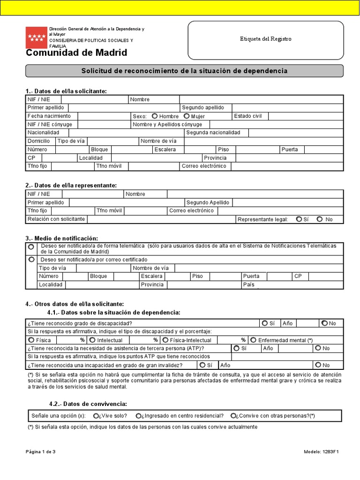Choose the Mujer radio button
click(x=187, y=116)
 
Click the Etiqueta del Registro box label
click(x=265, y=39)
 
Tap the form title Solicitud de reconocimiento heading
click(x=184, y=71)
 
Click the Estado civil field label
click(x=248, y=116)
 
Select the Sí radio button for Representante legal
click(x=299, y=219)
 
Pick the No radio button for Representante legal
click(x=320, y=219)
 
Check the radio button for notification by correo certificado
click(x=31, y=259)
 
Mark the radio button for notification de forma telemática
click(x=31, y=247)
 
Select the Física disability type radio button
click(x=31, y=340)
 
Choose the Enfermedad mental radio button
click(x=253, y=340)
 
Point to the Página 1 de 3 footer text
click(x=41, y=452)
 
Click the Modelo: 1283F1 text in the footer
click(x=321, y=452)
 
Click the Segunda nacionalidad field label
click(x=213, y=133)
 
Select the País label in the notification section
click(x=248, y=285)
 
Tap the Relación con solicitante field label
click(x=56, y=219)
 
